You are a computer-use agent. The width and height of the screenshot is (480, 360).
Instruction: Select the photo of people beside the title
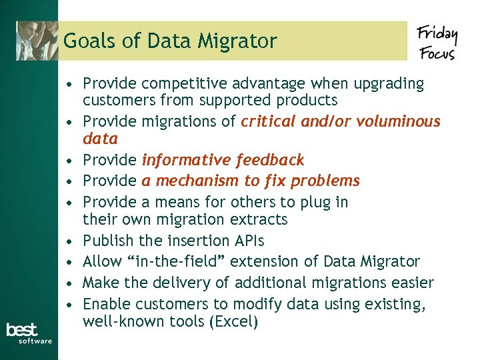click(x=37, y=41)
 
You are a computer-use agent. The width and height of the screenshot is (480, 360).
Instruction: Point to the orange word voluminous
click(x=398, y=121)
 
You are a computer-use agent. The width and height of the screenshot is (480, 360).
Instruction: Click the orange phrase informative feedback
click(x=223, y=160)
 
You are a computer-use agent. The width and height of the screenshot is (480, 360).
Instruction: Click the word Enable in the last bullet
click(x=106, y=304)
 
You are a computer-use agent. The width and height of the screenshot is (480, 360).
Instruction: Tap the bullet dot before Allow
click(x=69, y=262)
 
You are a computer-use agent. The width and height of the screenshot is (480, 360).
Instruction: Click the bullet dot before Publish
click(x=69, y=241)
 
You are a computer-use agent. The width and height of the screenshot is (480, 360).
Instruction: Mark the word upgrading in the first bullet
click(x=391, y=84)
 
